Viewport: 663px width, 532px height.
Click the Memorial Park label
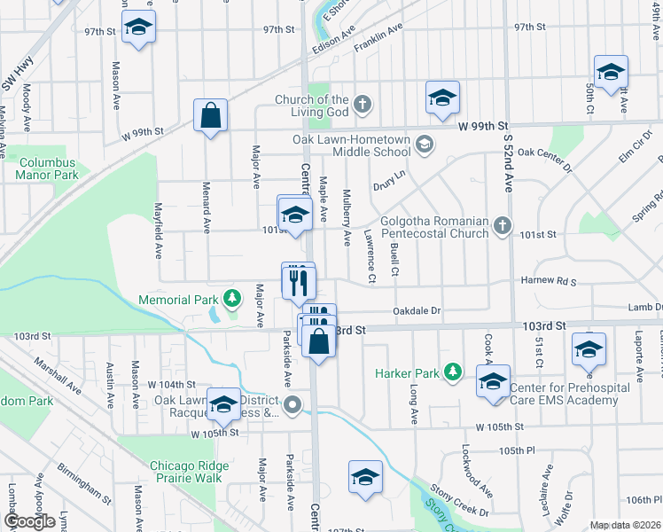coord(178,300)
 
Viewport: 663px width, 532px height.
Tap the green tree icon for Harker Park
coord(453,371)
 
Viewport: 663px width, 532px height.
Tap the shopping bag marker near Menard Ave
coord(211,115)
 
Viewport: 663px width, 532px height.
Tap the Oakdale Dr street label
coord(417,310)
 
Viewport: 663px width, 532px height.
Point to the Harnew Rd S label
coord(548,282)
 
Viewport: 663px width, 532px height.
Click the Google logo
coord(28,521)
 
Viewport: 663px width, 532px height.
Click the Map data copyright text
coord(626,525)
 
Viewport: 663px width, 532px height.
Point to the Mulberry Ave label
coord(347,217)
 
